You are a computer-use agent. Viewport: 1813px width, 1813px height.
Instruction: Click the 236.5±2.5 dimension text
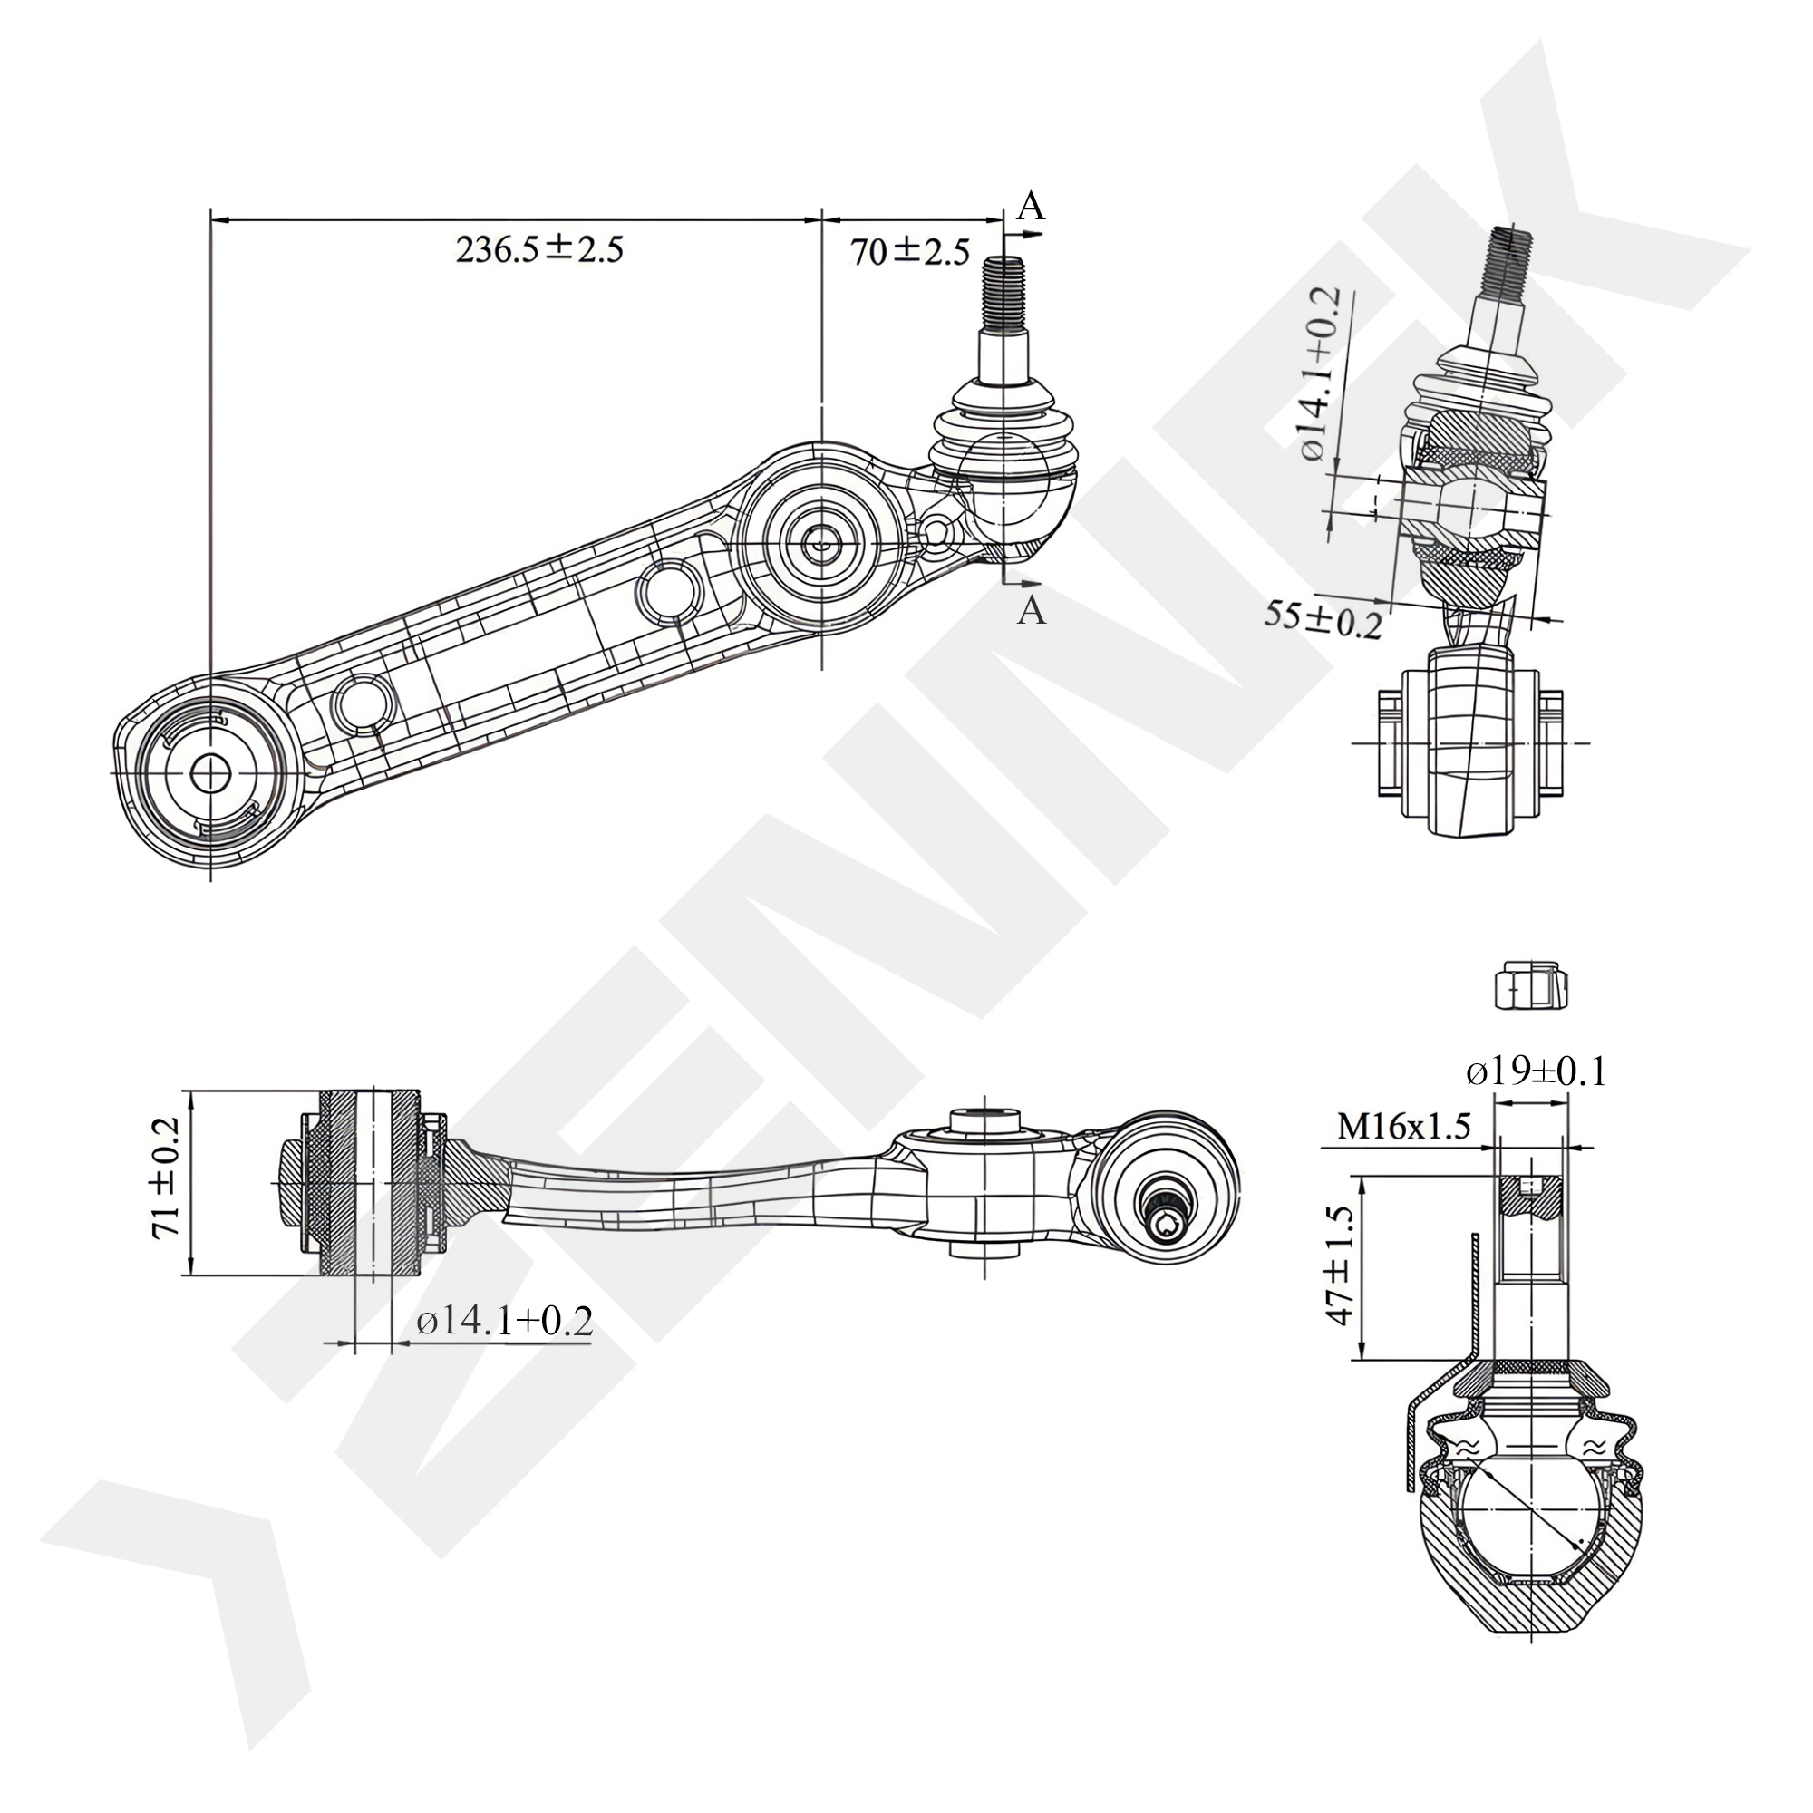tap(538, 249)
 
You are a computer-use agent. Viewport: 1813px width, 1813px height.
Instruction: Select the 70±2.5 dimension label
tap(909, 252)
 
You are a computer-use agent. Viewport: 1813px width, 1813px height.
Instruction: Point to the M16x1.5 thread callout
tap(1404, 1126)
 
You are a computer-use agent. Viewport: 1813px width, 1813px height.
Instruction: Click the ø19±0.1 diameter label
tap(1537, 1071)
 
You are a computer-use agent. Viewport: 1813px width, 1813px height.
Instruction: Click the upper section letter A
tap(1032, 207)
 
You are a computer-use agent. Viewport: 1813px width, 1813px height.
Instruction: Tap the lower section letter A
tap(1032, 611)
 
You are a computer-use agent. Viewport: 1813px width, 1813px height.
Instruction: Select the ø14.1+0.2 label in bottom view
tap(505, 1322)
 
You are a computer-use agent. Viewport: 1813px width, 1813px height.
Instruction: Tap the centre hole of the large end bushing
tap(210, 772)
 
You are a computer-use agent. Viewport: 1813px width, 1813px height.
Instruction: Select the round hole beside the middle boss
tap(668, 589)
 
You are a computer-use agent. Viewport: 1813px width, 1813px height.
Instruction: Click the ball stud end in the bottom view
tap(1167, 1218)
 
